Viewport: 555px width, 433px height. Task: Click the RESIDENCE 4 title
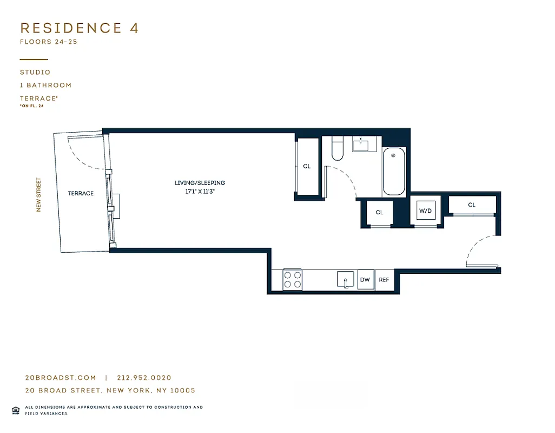[80, 28]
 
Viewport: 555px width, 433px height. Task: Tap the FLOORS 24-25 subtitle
[49, 42]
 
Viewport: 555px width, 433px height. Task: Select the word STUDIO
[35, 72]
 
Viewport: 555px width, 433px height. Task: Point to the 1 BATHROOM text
[46, 85]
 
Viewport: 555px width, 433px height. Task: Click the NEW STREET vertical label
[39, 195]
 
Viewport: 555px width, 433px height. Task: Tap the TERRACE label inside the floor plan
[81, 193]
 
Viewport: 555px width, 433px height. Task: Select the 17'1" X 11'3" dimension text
[200, 191]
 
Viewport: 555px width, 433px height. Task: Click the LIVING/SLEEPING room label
[200, 183]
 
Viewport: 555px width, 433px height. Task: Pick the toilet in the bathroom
[338, 151]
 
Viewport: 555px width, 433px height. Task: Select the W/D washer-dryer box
[426, 211]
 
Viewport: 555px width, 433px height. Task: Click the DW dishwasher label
[365, 280]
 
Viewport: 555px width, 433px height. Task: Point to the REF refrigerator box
[384, 280]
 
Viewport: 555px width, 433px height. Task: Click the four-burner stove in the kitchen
[293, 280]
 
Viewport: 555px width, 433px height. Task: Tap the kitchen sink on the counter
[345, 280]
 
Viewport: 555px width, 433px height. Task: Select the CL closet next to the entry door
[472, 205]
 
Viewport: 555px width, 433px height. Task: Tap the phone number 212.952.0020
[143, 378]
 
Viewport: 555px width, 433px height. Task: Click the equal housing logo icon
[15, 409]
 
